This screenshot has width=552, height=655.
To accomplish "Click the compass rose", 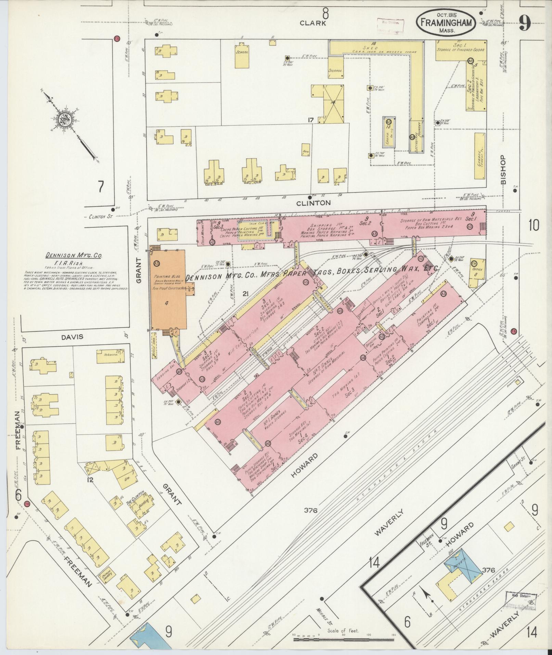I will [x=64, y=120].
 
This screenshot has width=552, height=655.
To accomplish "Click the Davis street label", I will [x=72, y=337].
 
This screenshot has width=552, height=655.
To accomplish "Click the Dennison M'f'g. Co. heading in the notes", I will [x=70, y=255].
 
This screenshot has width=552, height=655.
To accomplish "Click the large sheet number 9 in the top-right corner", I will [x=525, y=24].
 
